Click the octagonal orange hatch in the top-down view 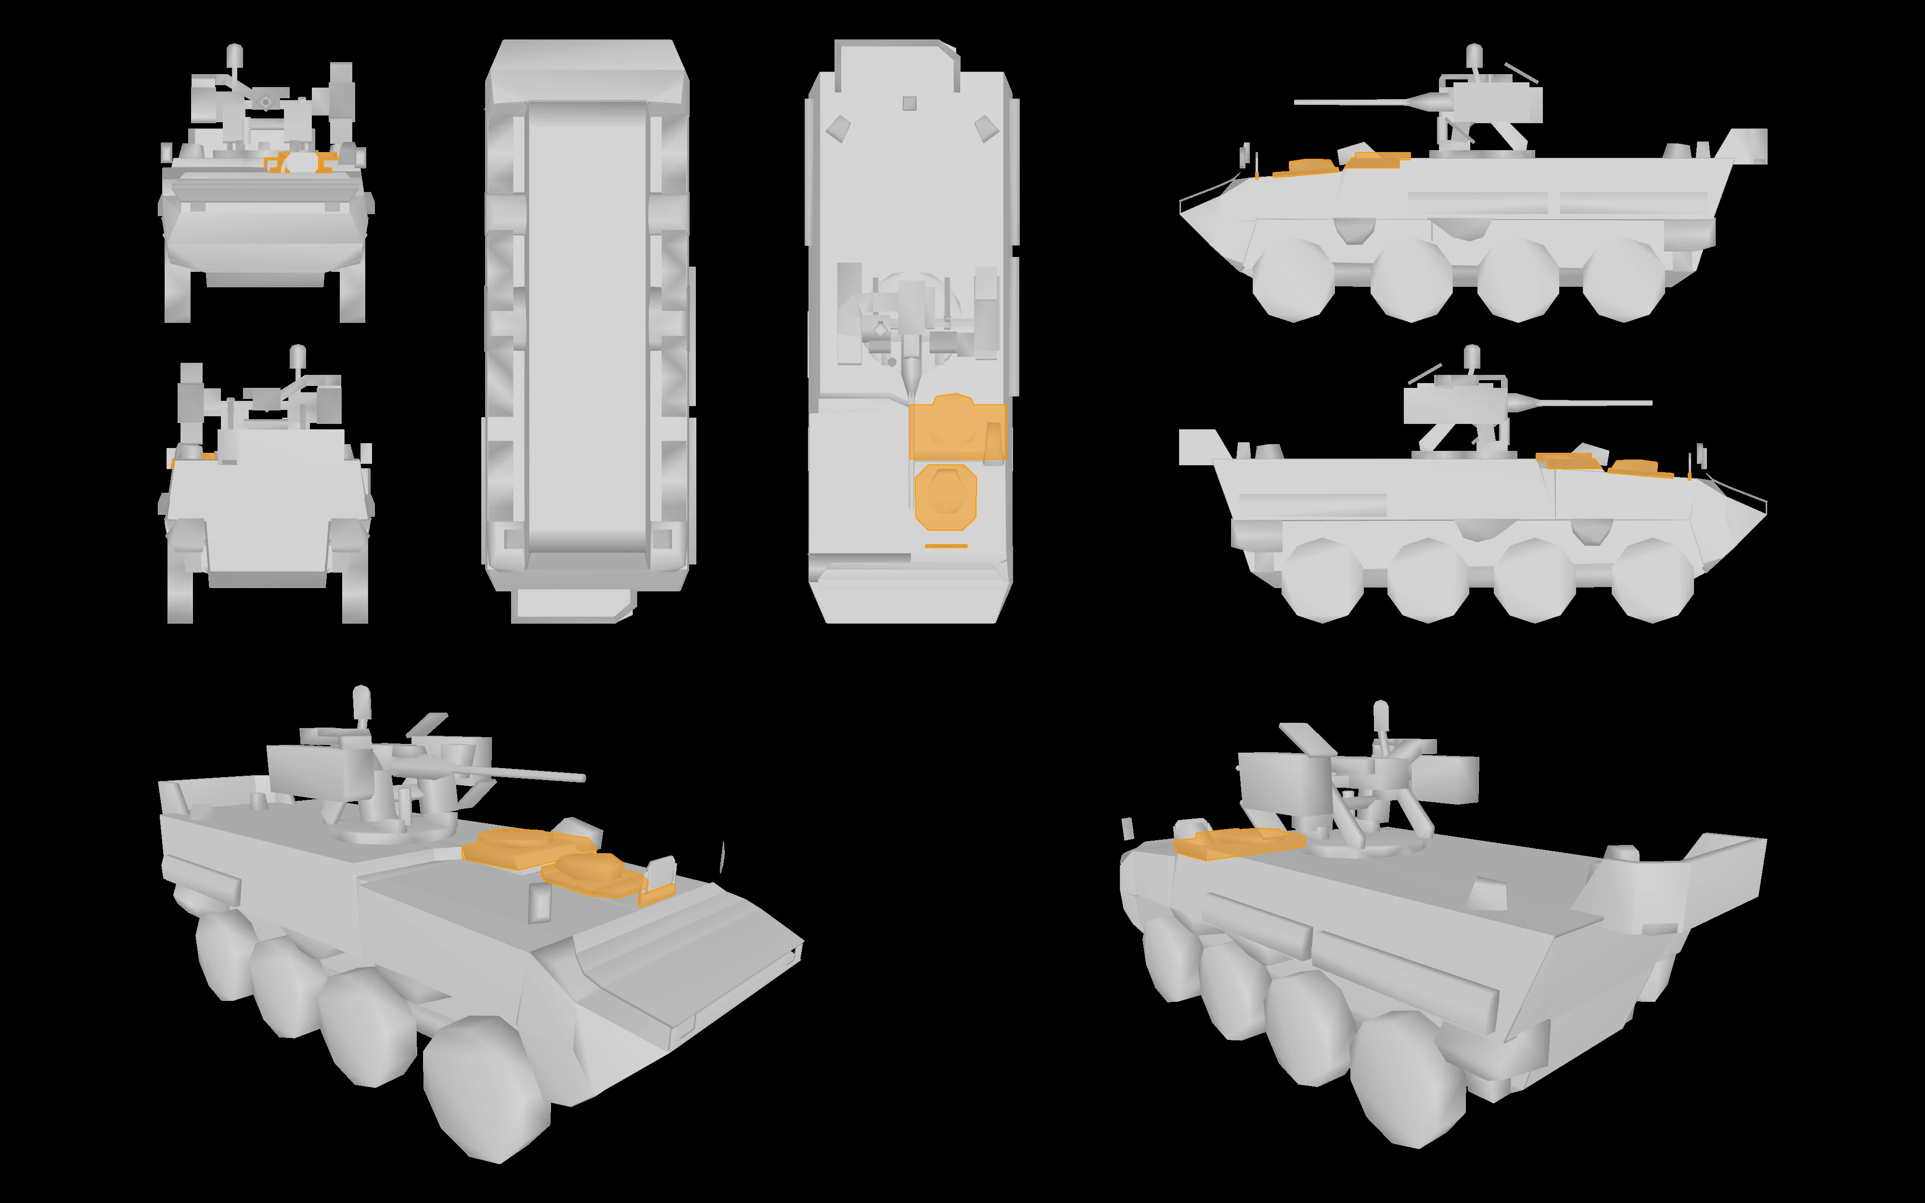[x=945, y=497]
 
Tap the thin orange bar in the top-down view [x=946, y=546]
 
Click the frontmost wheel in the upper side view [x=1293, y=280]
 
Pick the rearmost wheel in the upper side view [x=1623, y=280]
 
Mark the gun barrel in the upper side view [x=1352, y=102]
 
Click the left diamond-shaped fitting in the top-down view [x=837, y=128]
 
